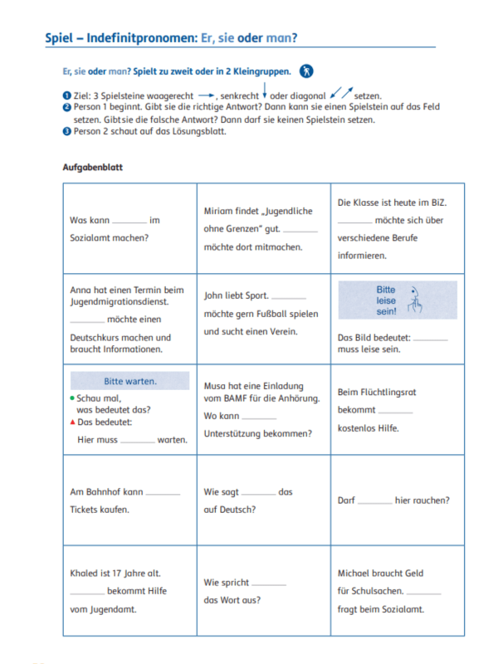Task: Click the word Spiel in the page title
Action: tap(59, 38)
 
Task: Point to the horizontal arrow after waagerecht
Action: tap(207, 95)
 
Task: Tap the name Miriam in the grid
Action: tap(219, 212)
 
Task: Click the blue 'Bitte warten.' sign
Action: tap(129, 382)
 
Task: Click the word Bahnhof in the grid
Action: tap(100, 492)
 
